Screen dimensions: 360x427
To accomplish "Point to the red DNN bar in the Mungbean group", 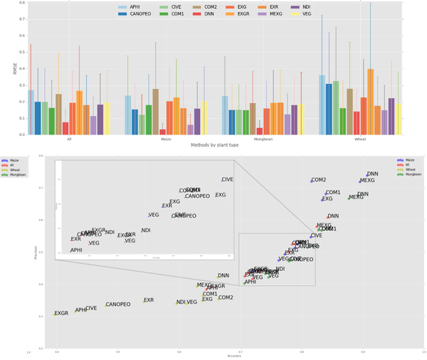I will [259, 131].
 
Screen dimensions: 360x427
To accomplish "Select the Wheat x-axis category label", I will [361, 139].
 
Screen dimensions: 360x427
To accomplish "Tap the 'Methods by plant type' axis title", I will [213, 144].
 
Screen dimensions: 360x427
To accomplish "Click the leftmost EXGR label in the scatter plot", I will [61, 313].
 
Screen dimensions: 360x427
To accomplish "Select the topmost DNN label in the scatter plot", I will [372, 174].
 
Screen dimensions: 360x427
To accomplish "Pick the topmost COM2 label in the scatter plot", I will [319, 180].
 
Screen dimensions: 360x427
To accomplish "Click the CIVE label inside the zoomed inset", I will [227, 180].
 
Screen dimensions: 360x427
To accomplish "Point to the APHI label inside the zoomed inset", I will [76, 250].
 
